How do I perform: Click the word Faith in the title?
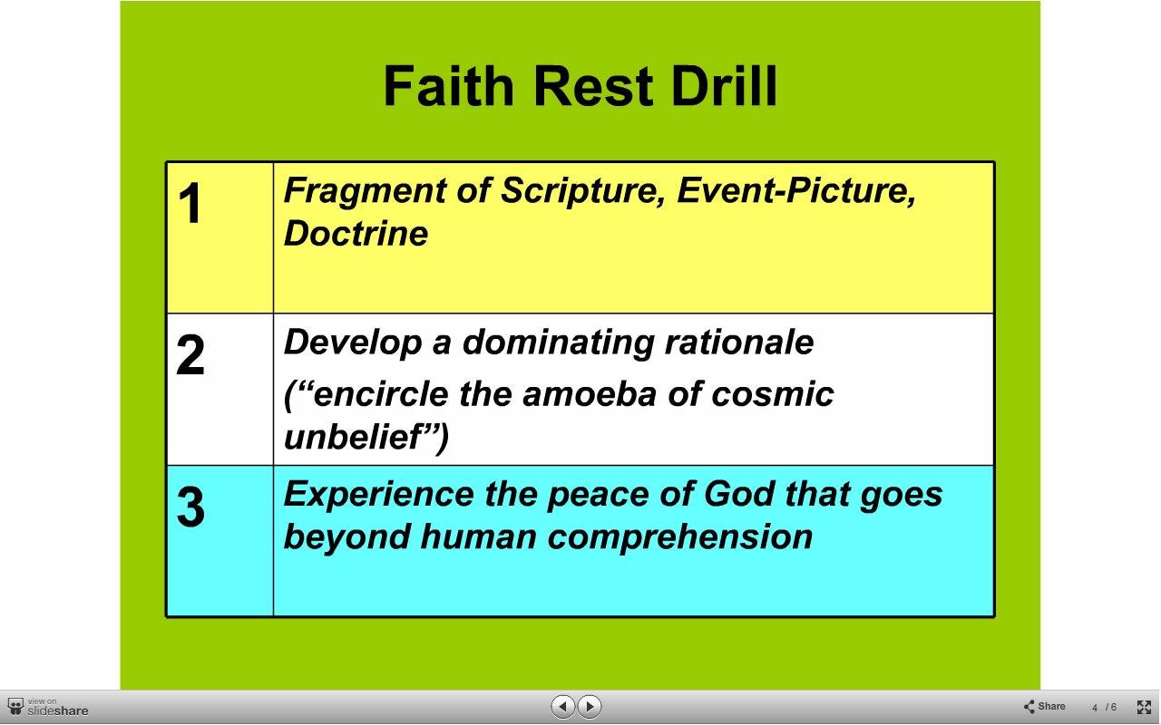click(449, 86)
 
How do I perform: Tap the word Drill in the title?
click(724, 86)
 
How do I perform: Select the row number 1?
click(190, 203)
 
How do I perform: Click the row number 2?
click(190, 354)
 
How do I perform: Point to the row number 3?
click(190, 507)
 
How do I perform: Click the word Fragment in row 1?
click(365, 191)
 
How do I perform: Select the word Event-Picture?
click(796, 191)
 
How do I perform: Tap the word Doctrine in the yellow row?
click(356, 233)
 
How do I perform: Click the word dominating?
click(558, 343)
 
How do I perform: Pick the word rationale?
click(739, 343)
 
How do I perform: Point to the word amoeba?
click(590, 394)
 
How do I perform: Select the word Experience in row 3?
click(378, 495)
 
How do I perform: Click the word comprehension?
click(680, 538)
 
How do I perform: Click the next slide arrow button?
click(590, 706)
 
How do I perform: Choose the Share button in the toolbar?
click(1044, 706)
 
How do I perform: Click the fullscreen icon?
click(1144, 707)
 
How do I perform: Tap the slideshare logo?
click(48, 707)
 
